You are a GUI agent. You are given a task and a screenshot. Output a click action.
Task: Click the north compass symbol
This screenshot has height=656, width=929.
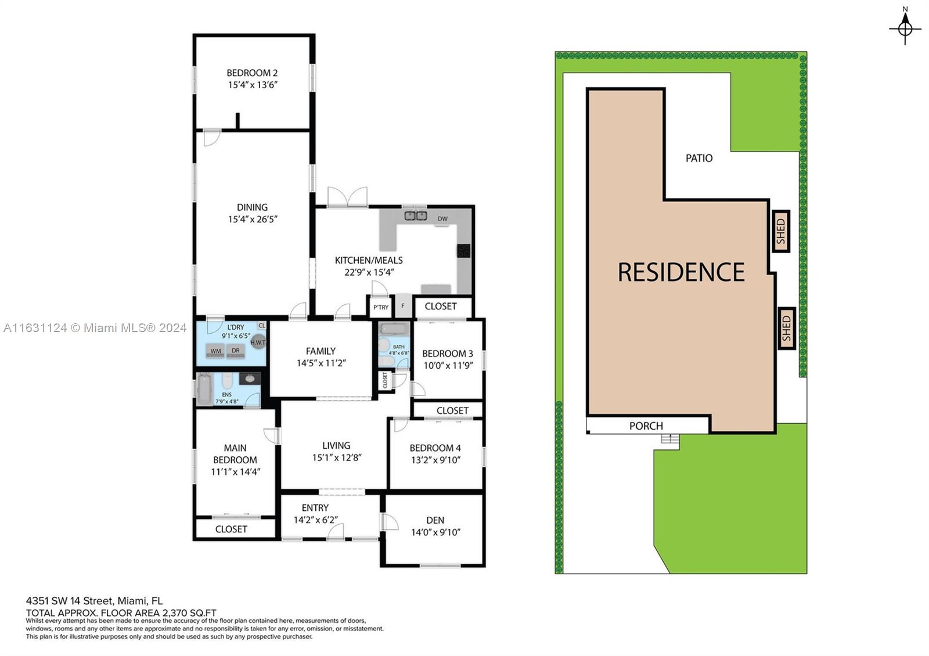point(905,28)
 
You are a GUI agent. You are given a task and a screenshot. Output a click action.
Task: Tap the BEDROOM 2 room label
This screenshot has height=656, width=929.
point(252,73)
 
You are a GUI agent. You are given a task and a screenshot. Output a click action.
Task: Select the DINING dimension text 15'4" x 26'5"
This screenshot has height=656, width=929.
point(253,219)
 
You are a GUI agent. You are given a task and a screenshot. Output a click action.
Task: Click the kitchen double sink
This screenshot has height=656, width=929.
point(416,215)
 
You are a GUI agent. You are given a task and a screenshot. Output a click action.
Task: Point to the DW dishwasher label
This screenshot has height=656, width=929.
point(442,218)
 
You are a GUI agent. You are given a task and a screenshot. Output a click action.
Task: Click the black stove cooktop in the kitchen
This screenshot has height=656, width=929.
point(464,250)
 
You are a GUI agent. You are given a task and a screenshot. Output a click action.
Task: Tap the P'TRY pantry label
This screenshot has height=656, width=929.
point(381,307)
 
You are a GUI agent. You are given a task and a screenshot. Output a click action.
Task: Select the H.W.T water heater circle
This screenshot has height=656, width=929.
point(258,342)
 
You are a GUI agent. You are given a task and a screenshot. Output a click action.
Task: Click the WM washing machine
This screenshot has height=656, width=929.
point(215,351)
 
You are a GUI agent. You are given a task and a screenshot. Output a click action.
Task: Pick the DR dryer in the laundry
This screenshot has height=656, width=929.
point(236,351)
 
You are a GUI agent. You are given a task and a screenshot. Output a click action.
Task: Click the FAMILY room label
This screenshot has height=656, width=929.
point(321,351)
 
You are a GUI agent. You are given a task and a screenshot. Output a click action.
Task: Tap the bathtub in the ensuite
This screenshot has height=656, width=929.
point(204,390)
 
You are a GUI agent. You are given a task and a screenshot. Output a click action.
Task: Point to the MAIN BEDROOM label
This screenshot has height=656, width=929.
point(235,453)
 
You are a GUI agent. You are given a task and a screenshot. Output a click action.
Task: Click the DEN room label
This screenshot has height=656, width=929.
point(435,520)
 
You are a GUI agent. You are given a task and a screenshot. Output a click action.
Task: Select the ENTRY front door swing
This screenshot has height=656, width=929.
point(336,531)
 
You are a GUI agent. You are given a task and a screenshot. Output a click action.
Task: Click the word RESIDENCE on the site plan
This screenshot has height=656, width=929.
point(681,272)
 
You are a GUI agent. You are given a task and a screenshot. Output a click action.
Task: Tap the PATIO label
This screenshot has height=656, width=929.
point(699,158)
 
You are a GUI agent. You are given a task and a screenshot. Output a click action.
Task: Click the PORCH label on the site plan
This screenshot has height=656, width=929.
point(646,426)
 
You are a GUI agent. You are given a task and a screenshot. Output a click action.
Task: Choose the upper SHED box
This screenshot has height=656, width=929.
point(781,231)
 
